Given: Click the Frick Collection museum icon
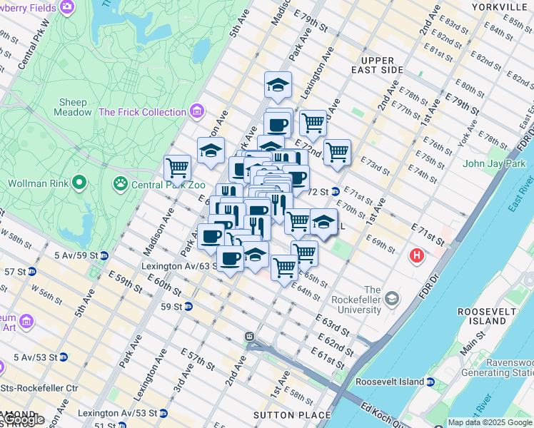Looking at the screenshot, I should click(x=197, y=112).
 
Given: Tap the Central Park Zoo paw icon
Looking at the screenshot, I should click(x=120, y=183).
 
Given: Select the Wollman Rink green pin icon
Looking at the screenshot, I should click(x=79, y=183).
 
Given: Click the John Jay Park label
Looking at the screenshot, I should click(x=494, y=163).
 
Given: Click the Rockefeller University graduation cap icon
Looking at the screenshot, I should click(x=391, y=300).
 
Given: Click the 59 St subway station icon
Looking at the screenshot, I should click(x=188, y=307).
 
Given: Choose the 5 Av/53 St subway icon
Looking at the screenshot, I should click(x=64, y=357).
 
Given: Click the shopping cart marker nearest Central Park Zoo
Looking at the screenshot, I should click(x=177, y=168).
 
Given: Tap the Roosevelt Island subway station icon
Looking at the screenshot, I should click(x=430, y=382).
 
